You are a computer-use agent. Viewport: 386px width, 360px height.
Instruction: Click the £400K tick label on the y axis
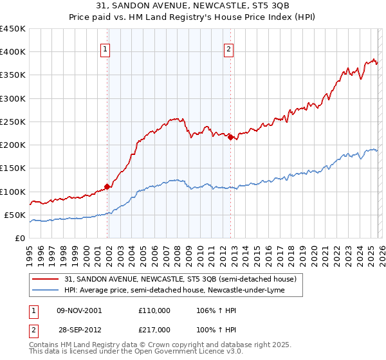tap(13, 52)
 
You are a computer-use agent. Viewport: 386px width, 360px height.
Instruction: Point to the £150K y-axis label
tap(13, 168)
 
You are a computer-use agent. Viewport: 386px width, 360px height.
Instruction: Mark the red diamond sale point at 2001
tap(107, 187)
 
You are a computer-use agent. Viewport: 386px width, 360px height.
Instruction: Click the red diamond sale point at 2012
tap(230, 137)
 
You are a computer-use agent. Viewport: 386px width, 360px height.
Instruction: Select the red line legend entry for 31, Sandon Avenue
tap(180, 280)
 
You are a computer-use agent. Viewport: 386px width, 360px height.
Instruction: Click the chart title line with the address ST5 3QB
tap(193, 7)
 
